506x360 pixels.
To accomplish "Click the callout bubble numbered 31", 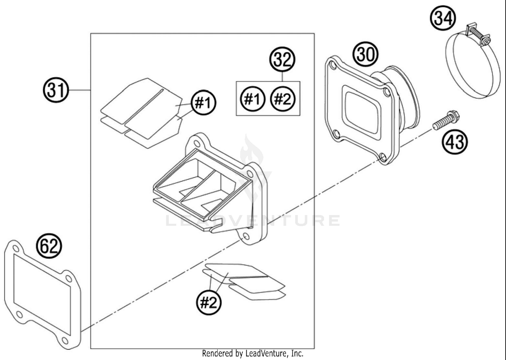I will (x=56, y=90).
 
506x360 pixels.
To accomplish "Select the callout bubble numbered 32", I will (x=282, y=60).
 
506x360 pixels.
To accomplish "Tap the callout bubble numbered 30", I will (x=366, y=54).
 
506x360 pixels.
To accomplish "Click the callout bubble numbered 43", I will (x=455, y=141).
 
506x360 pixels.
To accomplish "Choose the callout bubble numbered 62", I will (x=49, y=246).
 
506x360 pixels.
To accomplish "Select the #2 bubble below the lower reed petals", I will (x=209, y=302).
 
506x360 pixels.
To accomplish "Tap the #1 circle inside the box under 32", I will (x=253, y=99).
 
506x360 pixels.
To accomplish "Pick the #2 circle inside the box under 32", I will (x=283, y=99).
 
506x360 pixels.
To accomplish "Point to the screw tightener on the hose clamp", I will (x=477, y=34).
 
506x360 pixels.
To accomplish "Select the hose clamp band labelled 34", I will (x=472, y=74).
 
